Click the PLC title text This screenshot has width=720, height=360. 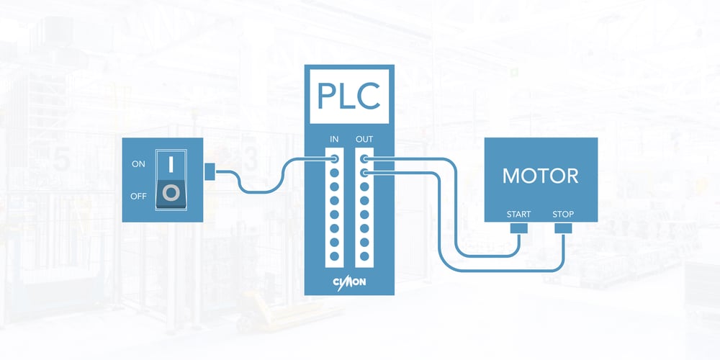click(x=349, y=96)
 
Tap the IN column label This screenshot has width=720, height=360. click(x=334, y=139)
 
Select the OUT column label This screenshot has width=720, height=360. click(x=364, y=139)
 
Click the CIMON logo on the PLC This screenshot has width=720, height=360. click(x=349, y=282)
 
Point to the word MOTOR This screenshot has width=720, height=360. click(x=541, y=176)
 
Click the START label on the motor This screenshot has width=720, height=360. click(x=518, y=215)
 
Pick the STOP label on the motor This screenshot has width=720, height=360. click(x=563, y=215)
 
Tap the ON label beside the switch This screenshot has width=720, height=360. click(x=138, y=164)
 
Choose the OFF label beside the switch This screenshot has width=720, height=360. click(x=138, y=197)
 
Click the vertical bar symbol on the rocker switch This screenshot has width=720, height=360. click(x=171, y=164)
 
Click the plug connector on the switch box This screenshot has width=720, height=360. click(x=210, y=172)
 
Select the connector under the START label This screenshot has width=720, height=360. click(x=518, y=228)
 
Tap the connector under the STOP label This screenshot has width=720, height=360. click(x=563, y=228)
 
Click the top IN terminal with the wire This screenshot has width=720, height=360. click(x=334, y=159)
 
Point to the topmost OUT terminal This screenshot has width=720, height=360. click(x=364, y=159)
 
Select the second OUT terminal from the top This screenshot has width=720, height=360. click(x=364, y=173)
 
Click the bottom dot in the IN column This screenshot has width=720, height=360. click(x=334, y=256)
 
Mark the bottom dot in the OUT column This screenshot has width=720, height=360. click(x=364, y=256)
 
